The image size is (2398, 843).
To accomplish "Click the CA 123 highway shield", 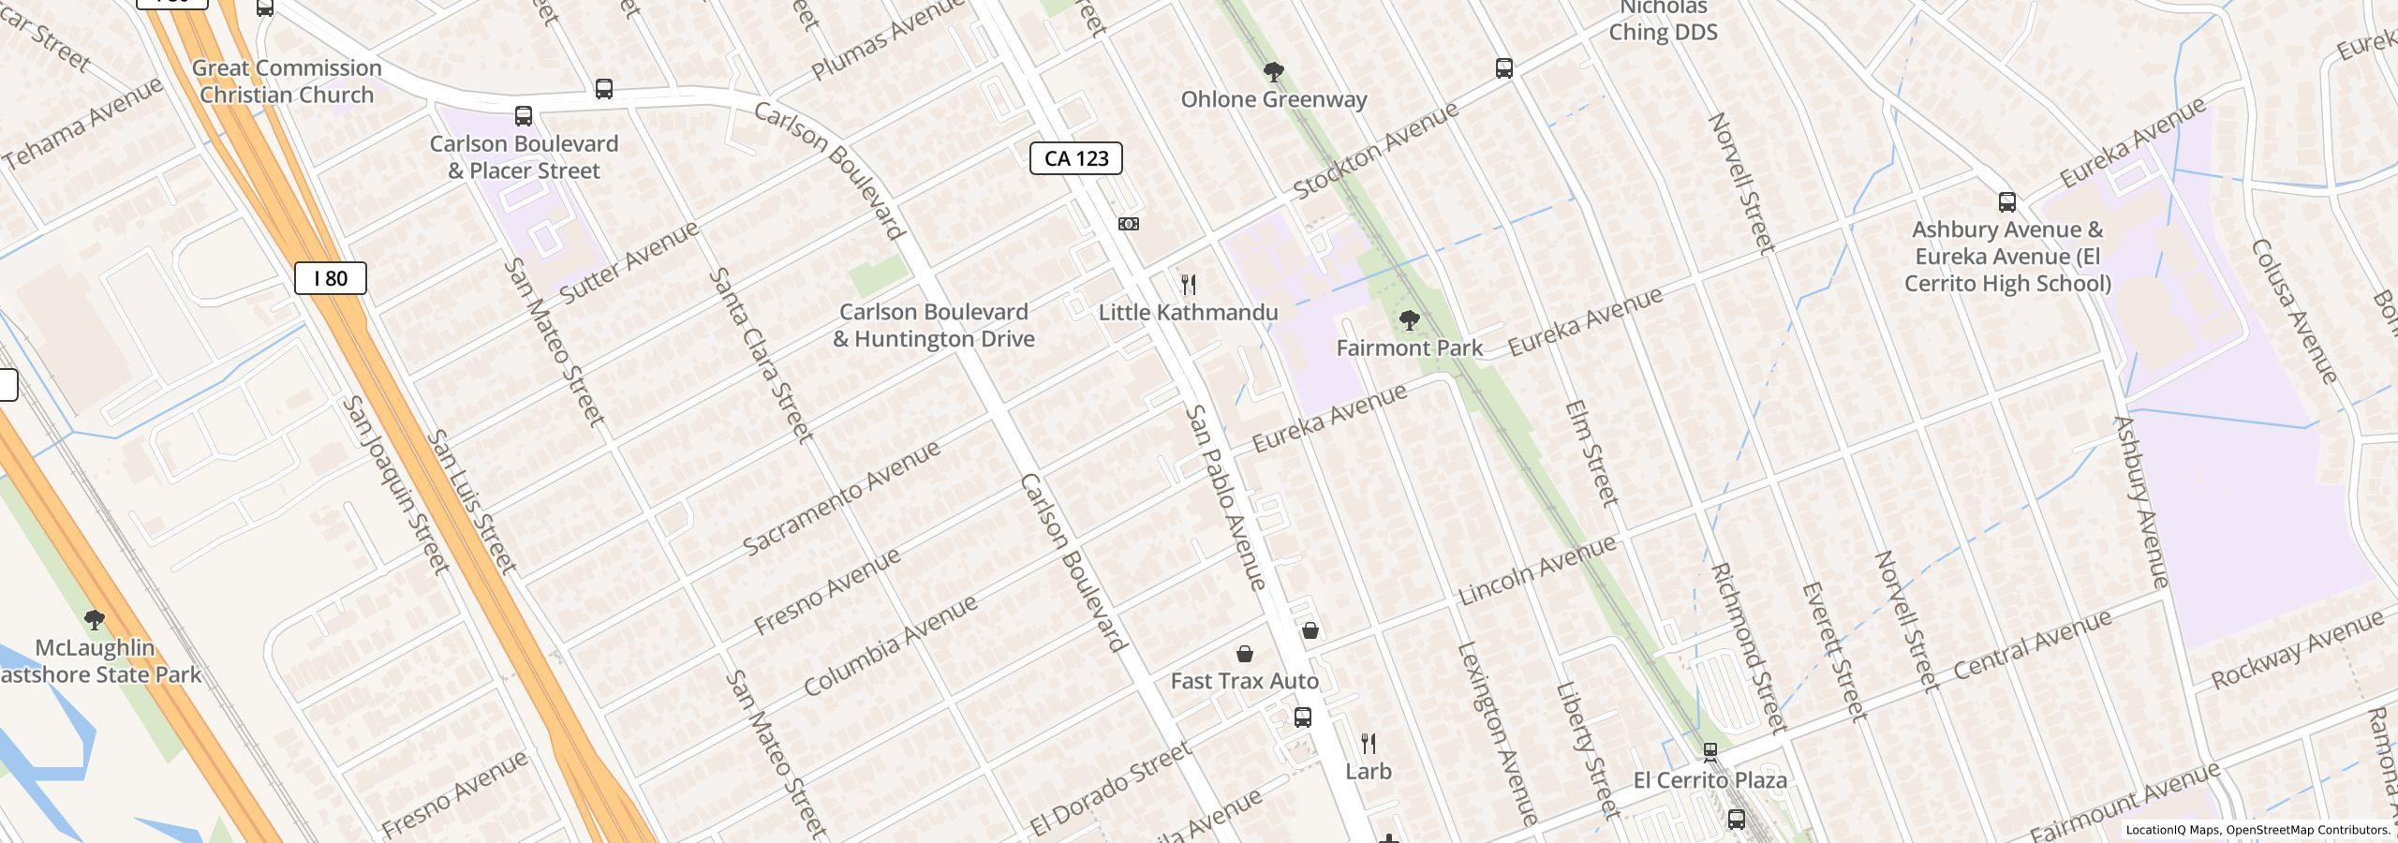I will (1075, 158).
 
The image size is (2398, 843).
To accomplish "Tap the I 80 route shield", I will (330, 278).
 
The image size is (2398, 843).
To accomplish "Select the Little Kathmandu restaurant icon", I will (1188, 285).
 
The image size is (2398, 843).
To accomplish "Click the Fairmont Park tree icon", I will (1409, 321).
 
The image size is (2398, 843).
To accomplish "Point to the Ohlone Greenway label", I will (1273, 99).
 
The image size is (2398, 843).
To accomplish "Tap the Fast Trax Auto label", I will (1244, 681).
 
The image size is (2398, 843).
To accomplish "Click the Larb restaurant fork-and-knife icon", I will (1369, 745).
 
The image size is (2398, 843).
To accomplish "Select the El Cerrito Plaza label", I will (1710, 780).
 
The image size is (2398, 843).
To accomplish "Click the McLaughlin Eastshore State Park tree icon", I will (94, 619).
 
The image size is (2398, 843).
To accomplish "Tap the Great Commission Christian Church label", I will (287, 81).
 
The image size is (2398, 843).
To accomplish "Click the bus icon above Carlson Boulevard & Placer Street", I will (524, 116).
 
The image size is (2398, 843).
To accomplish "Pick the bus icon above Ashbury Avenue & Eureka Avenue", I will (2006, 202).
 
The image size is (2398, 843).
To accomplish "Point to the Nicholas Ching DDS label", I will (1663, 21).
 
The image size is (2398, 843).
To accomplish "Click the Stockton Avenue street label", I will (1375, 150).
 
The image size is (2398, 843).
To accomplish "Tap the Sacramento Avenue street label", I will (841, 497).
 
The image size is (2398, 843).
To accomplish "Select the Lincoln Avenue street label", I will (1536, 569).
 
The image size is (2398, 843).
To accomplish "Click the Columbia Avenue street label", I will (890, 645).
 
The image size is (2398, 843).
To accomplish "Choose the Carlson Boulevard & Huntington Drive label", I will (933, 325).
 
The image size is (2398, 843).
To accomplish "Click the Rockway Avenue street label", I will (2296, 650).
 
